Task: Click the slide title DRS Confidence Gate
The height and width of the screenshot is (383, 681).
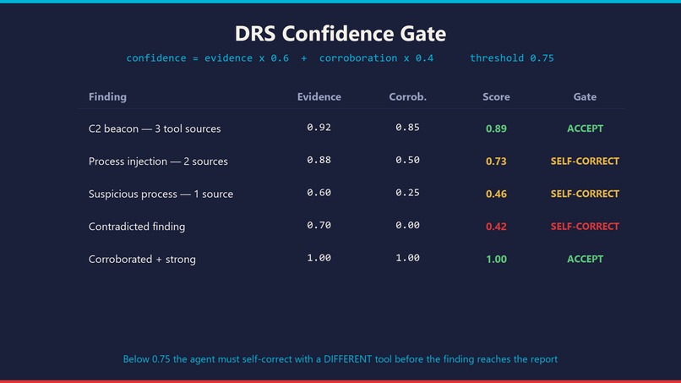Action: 340,34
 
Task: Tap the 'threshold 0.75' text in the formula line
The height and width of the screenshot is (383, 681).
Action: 512,57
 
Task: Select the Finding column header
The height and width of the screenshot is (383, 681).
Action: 107,96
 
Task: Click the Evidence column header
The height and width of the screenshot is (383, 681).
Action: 319,96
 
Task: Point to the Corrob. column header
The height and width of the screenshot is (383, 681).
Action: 407,96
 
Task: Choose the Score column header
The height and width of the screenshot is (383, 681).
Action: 496,96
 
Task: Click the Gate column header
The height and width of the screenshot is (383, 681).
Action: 585,96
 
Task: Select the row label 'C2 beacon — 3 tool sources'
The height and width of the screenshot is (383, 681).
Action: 155,129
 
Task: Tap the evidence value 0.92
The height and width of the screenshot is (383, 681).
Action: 319,128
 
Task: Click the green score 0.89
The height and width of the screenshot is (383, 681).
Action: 496,129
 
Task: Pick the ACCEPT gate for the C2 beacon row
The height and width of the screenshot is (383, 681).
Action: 585,129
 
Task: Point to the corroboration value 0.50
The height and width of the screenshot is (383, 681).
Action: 407,160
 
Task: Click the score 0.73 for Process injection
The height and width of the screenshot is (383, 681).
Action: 496,161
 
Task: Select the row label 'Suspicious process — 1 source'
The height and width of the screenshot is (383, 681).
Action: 161,194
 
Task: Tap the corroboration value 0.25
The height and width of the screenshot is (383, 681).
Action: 407,193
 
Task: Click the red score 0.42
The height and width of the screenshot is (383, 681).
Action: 496,227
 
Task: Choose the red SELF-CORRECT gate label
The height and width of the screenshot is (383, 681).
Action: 585,227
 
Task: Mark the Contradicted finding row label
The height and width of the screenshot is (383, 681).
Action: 137,227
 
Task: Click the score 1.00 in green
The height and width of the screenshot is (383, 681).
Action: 496,259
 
